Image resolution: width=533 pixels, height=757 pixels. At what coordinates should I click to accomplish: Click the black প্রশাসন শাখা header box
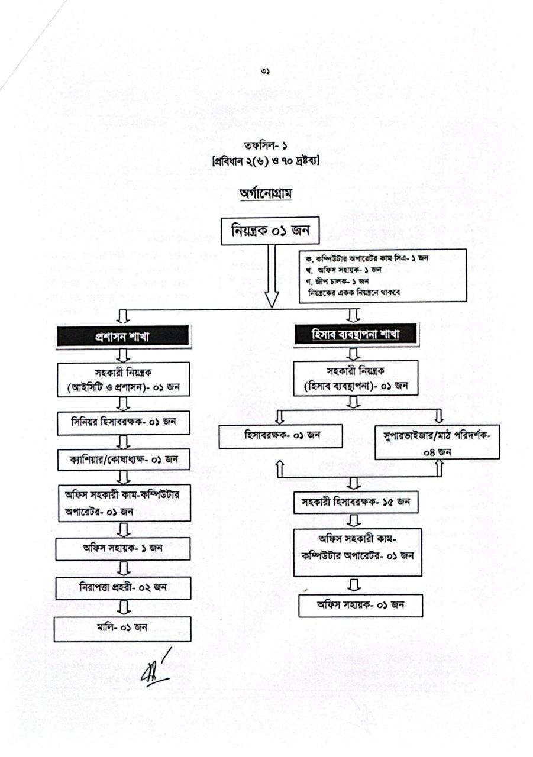point(122,337)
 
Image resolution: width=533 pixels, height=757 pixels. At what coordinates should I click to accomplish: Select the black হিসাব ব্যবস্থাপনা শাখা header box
point(356,335)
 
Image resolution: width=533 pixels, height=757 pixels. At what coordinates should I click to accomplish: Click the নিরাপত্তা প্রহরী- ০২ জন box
point(123,587)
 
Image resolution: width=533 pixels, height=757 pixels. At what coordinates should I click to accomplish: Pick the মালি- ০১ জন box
point(122,627)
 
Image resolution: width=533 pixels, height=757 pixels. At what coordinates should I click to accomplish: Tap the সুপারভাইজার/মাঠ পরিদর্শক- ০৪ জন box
point(437,442)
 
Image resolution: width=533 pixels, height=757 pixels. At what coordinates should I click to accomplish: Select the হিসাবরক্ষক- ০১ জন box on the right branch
point(282,436)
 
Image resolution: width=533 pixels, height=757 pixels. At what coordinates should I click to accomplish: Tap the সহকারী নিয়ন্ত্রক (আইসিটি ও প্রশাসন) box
point(123,380)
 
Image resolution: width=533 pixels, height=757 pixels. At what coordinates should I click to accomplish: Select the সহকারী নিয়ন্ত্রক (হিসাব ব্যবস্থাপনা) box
point(356,378)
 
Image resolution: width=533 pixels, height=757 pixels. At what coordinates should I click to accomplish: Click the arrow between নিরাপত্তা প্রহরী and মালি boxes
point(124,607)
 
